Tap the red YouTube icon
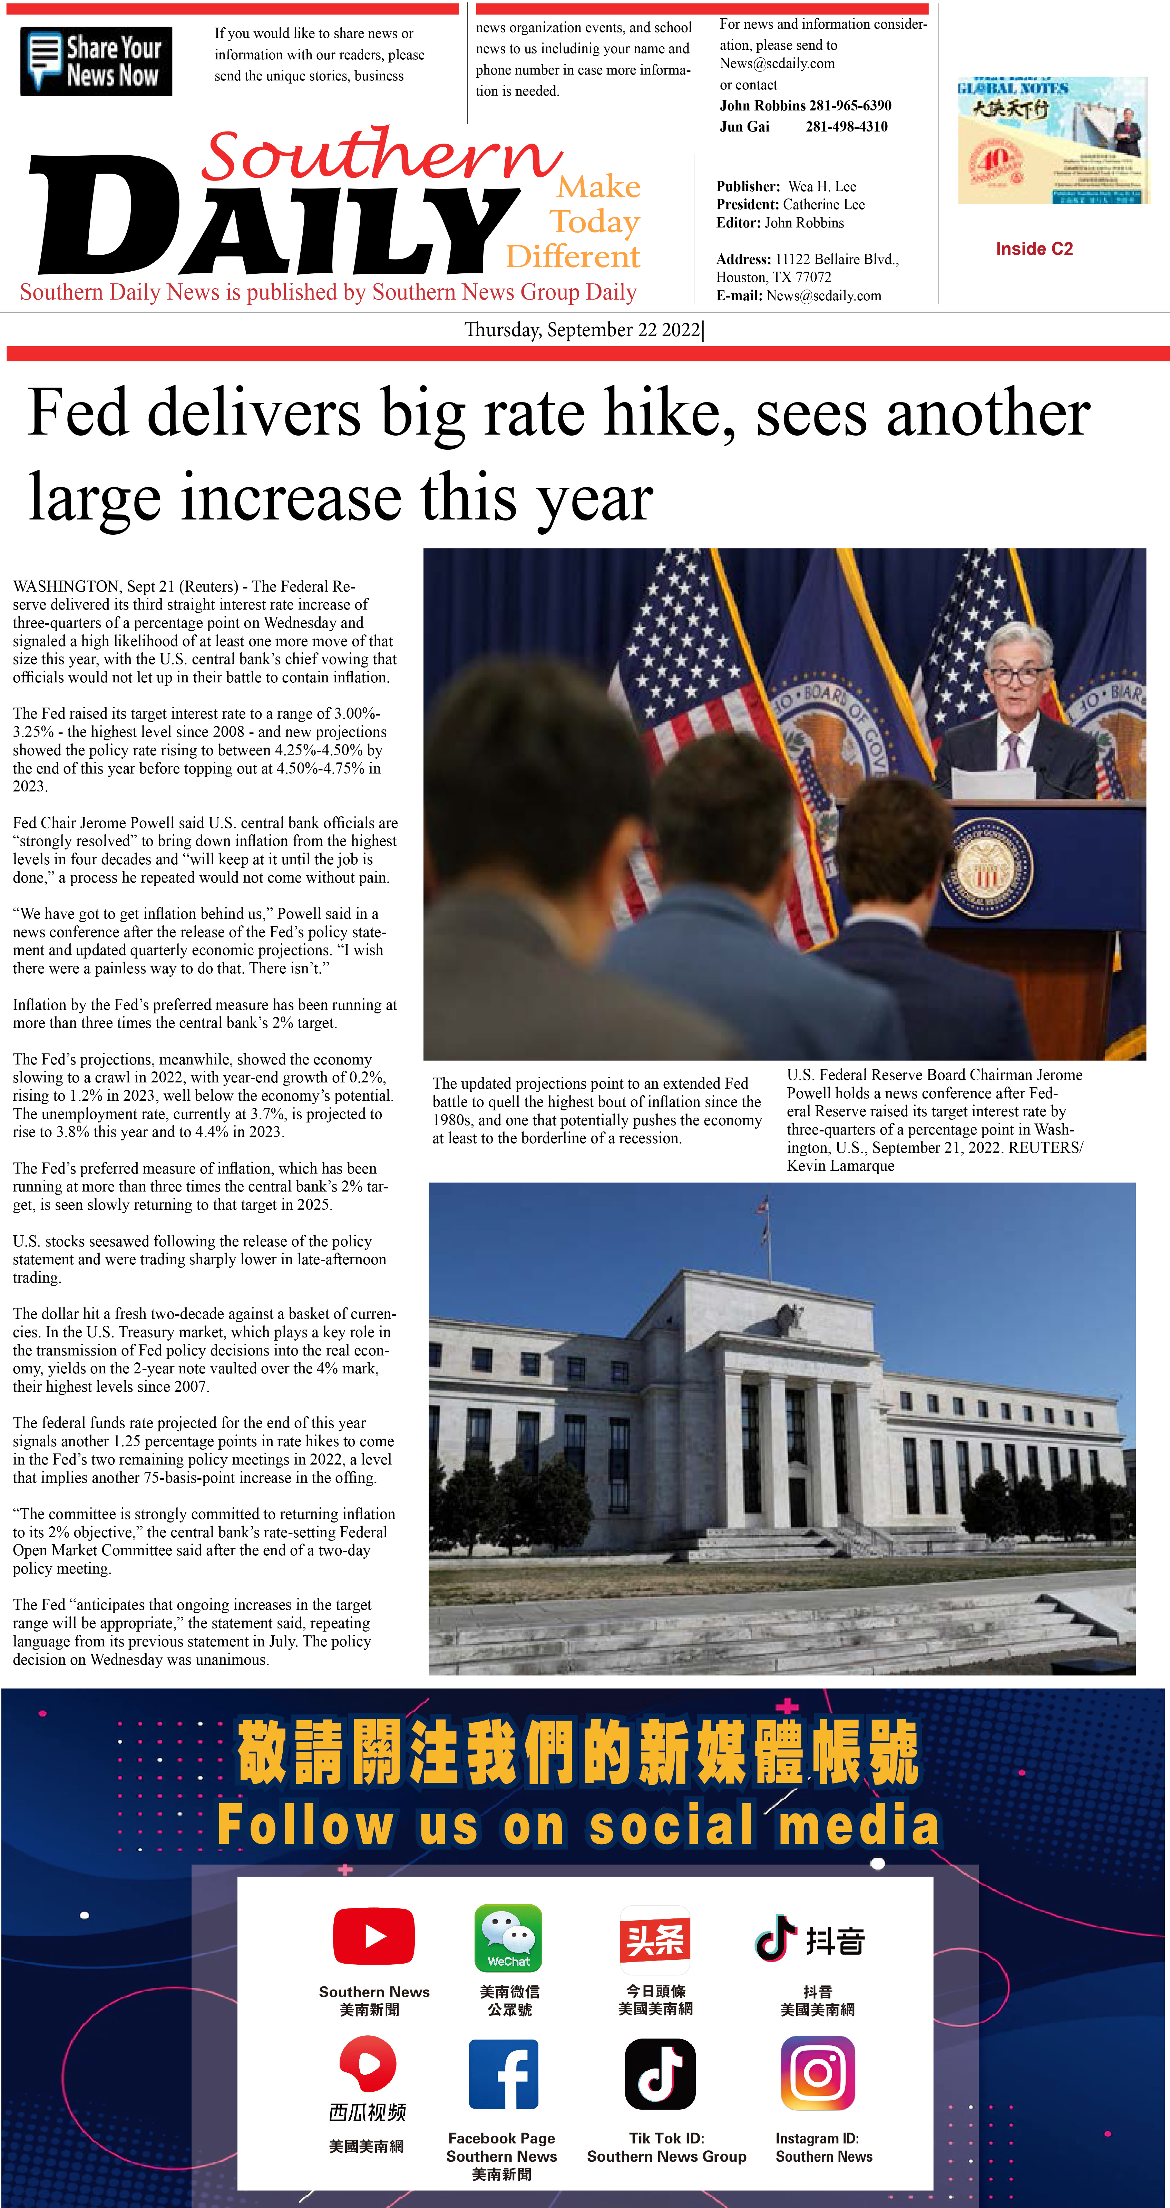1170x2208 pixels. coord(374,1935)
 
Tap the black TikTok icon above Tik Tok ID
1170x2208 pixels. coord(660,2074)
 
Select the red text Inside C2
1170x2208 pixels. coord(1034,249)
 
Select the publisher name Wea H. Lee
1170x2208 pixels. coord(821,186)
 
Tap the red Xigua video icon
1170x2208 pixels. coord(368,2066)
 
